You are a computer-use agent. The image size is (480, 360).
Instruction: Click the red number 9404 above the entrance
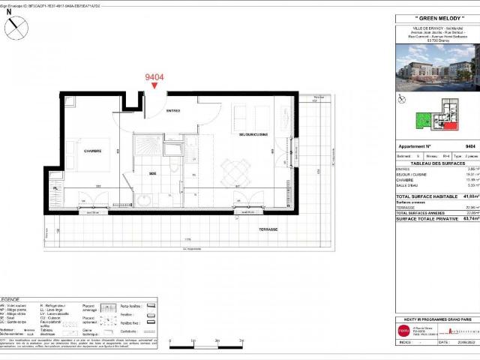click(154, 76)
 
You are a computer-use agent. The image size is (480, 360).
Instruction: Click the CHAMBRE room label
click(93, 151)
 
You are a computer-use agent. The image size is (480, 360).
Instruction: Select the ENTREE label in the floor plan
click(173, 110)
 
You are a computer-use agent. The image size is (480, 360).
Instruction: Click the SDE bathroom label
click(152, 173)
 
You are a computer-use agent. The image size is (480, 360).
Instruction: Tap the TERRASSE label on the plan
click(268, 227)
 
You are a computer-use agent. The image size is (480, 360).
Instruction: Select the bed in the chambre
click(94, 166)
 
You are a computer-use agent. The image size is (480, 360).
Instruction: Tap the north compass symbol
click(16, 28)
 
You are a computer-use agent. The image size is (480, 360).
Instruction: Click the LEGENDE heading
click(13, 298)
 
